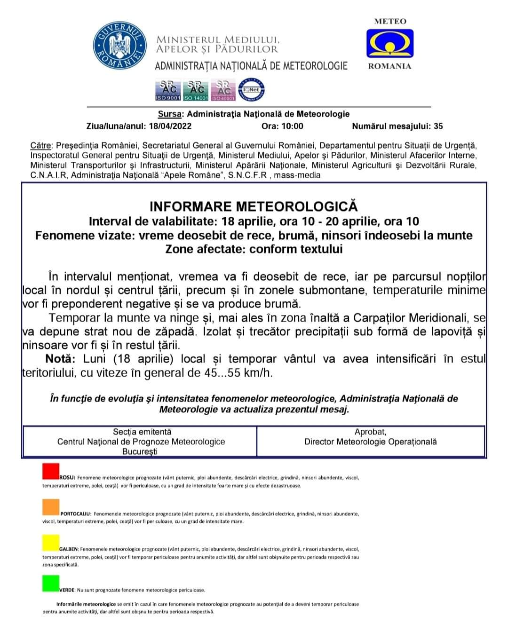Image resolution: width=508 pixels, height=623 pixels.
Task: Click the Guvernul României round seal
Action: tap(119, 47)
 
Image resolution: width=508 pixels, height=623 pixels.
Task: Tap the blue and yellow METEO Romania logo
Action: tap(390, 43)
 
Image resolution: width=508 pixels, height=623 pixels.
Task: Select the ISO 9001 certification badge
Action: tap(167, 90)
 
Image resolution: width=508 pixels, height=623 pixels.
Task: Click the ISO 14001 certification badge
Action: tap(195, 90)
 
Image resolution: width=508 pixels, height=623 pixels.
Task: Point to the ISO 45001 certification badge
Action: tap(223, 90)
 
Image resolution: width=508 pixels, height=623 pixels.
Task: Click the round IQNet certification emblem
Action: tap(252, 90)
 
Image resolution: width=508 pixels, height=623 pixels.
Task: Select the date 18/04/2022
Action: tap(170, 126)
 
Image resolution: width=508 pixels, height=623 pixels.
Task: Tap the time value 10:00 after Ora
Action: tap(292, 126)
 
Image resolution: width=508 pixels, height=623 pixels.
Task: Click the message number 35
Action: tap(438, 126)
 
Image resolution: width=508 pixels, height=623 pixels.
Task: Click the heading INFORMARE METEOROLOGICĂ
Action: tap(254, 207)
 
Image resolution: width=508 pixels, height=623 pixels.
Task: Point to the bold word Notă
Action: tap(60, 359)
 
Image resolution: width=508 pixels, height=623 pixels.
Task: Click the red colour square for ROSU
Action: tap(51, 472)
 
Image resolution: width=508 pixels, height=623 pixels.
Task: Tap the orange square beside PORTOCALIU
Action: tap(51, 507)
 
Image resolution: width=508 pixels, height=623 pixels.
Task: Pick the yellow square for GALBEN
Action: tap(51, 542)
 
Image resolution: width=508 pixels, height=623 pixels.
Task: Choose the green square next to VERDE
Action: tap(51, 583)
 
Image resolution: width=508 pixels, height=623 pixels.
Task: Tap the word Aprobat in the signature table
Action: tap(370, 432)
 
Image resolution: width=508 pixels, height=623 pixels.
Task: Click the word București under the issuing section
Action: tap(140, 451)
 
